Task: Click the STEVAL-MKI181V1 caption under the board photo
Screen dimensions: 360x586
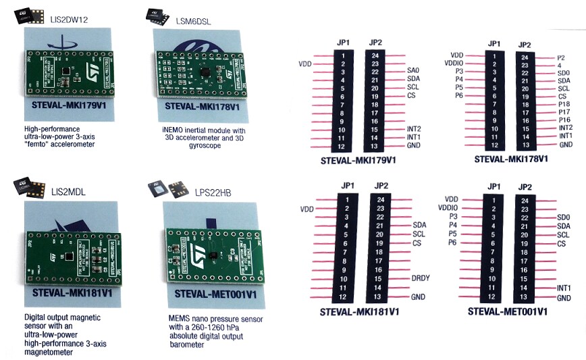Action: point(72,293)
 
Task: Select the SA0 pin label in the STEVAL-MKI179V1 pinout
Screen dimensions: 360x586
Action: point(413,70)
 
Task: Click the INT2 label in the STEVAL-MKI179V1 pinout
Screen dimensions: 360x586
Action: point(414,128)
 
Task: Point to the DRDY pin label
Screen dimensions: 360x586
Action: point(419,278)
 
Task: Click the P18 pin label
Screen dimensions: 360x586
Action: point(564,105)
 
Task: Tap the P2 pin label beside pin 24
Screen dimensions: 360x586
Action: point(561,58)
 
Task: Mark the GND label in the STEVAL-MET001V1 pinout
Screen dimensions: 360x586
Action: point(564,298)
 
